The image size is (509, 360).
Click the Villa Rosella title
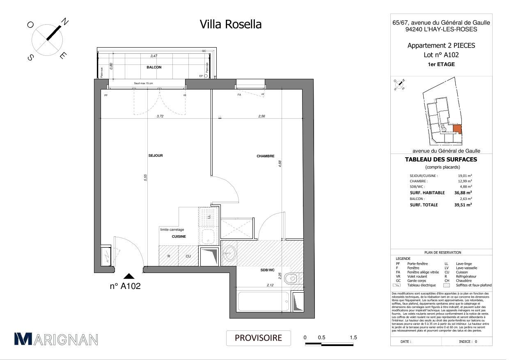tap(230, 24)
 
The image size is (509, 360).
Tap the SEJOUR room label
tap(156, 156)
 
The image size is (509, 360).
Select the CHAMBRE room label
tap(265, 156)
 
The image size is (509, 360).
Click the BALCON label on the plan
tap(154, 67)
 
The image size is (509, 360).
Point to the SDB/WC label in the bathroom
tap(267, 270)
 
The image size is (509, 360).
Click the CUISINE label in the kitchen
tap(179, 236)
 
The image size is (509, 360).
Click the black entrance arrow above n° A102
tap(129, 276)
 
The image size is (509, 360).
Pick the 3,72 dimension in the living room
tap(160, 116)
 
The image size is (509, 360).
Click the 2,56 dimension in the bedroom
tap(262, 116)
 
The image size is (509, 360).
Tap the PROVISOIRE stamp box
tap(258, 338)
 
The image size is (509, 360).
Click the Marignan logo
tap(56, 339)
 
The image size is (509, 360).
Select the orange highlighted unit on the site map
tap(457, 129)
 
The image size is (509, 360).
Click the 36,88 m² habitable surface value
tap(463, 193)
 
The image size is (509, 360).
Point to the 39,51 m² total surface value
tap(463, 205)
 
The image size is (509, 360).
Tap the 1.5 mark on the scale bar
tap(353, 337)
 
